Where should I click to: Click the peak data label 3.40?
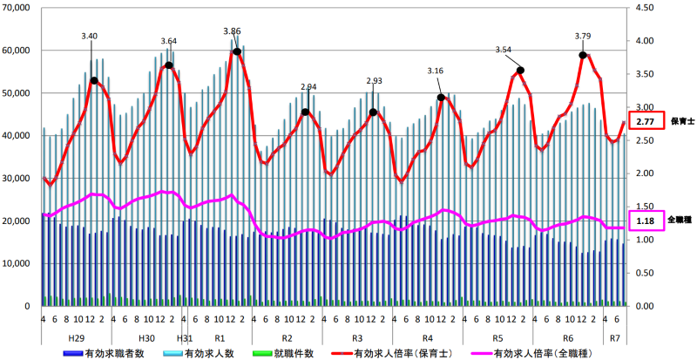(x=89, y=37)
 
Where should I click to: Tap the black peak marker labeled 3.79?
(x=583, y=55)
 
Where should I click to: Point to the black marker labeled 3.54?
(x=520, y=70)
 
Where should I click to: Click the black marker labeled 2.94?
(x=305, y=112)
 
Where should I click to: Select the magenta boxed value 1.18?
(x=646, y=221)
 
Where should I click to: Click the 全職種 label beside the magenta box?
(x=680, y=221)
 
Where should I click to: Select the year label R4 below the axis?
(x=427, y=336)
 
